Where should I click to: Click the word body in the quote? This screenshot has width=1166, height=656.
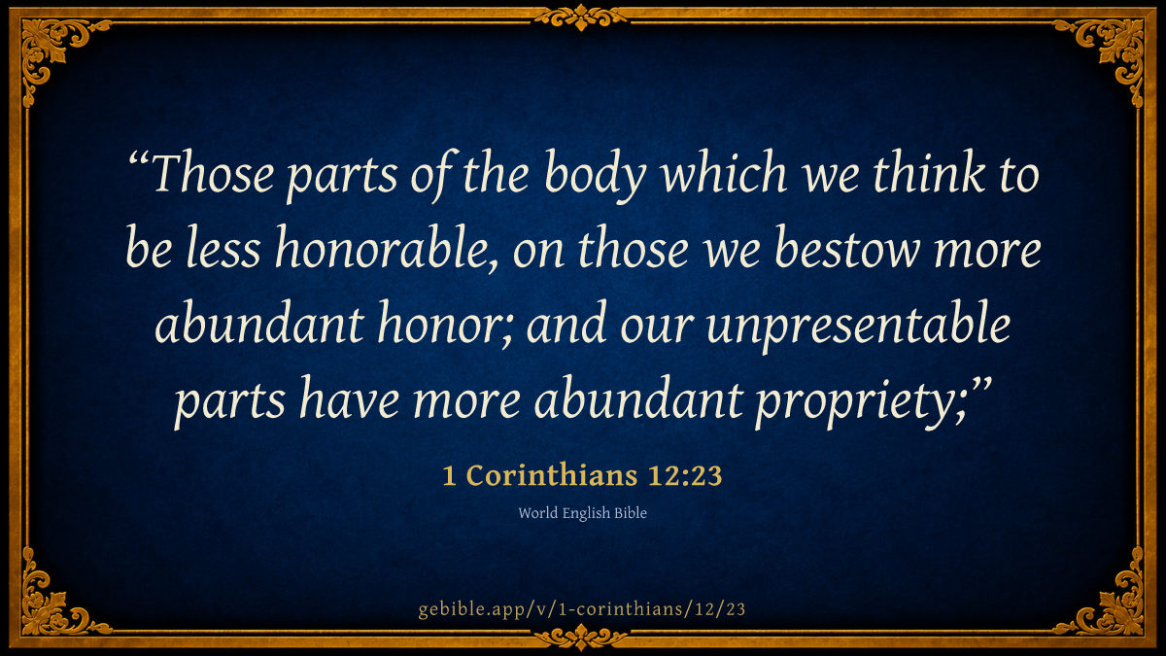[595, 175]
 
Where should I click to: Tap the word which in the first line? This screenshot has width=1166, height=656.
[724, 172]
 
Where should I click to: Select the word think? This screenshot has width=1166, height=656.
[928, 172]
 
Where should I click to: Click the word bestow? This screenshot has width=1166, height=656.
[846, 248]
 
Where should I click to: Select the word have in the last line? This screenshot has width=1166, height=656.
[349, 398]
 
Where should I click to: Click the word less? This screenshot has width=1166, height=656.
[223, 248]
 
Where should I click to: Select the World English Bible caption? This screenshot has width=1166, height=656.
[582, 513]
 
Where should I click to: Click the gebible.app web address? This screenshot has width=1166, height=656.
[582, 609]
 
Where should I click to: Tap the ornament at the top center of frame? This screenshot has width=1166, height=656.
[581, 17]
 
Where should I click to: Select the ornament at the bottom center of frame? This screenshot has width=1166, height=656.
[581, 638]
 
